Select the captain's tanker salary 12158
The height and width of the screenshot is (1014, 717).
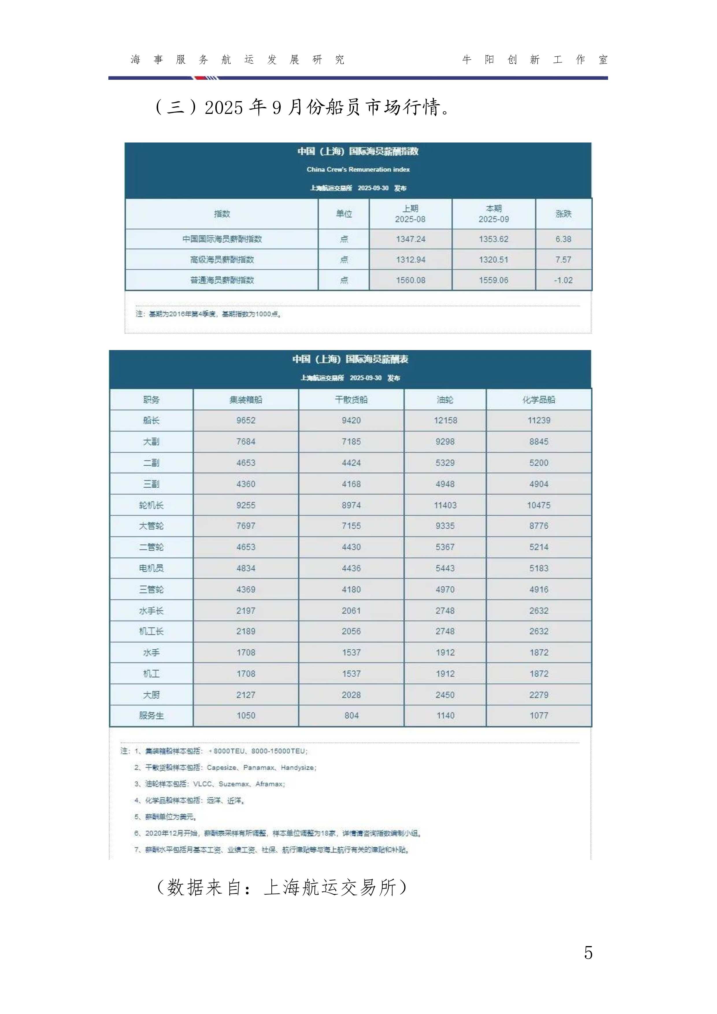(x=445, y=421)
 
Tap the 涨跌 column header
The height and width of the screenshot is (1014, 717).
(x=563, y=214)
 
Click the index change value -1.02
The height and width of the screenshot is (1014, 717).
(x=563, y=280)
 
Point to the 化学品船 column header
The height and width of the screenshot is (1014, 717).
(x=539, y=400)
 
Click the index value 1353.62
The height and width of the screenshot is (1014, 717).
(x=494, y=239)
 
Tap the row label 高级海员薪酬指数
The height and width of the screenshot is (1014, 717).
(x=222, y=260)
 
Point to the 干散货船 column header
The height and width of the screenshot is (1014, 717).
(x=351, y=400)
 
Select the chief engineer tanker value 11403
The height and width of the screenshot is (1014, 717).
(x=445, y=505)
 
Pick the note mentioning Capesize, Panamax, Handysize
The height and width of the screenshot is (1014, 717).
(x=225, y=767)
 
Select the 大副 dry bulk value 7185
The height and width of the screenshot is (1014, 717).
(x=351, y=442)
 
